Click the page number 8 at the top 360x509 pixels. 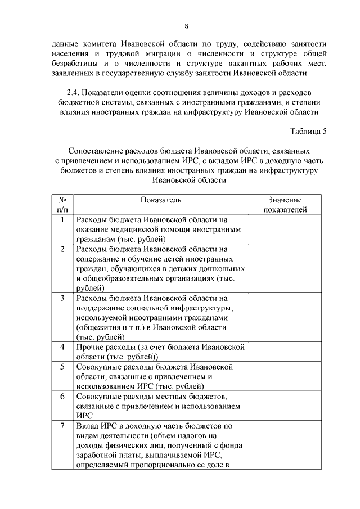186,26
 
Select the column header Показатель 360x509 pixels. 161,200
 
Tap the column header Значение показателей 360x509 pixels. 285,205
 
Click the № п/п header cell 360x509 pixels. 62,205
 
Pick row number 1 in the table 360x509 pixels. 62,219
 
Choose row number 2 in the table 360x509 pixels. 62,249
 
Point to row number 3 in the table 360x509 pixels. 62,298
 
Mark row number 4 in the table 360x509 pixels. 62,346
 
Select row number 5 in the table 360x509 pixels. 62,366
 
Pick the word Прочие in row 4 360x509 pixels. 89,346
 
